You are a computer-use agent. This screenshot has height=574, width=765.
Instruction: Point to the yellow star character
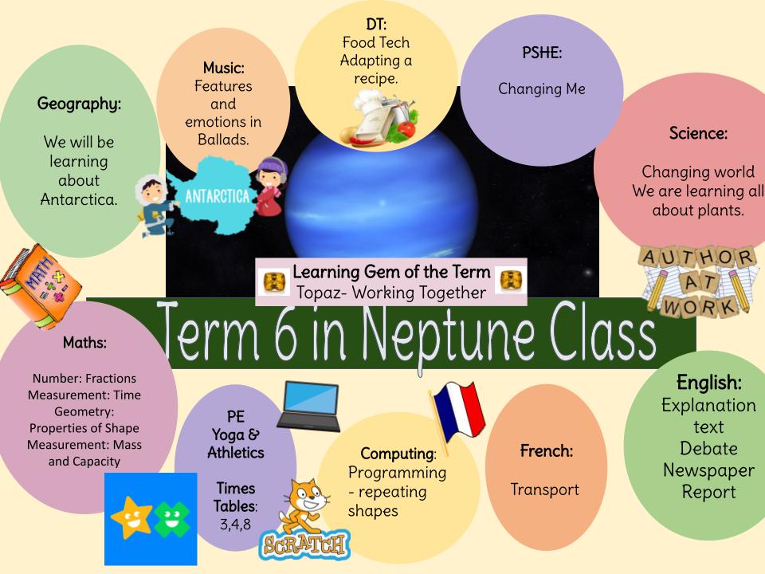pyautogui.click(x=131, y=518)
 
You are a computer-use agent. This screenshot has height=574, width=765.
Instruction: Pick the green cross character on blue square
pyautogui.click(x=170, y=519)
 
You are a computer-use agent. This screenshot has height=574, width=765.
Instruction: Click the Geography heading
pyautogui.click(x=80, y=104)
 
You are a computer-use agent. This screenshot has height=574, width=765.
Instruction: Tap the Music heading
pyautogui.click(x=224, y=69)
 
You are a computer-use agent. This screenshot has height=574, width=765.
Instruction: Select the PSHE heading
pyautogui.click(x=541, y=54)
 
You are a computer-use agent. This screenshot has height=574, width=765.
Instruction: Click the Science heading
pyautogui.click(x=698, y=134)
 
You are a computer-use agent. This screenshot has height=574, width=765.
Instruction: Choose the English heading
pyautogui.click(x=708, y=382)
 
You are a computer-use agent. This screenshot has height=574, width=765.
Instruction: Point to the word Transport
pyautogui.click(x=545, y=489)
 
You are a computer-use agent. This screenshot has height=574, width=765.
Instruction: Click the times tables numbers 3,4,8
pyautogui.click(x=235, y=524)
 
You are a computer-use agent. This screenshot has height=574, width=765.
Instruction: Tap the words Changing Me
pyautogui.click(x=541, y=88)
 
